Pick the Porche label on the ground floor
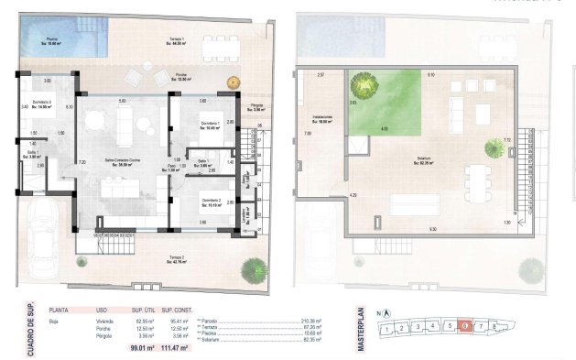[182, 78]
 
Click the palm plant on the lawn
[364, 85]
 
